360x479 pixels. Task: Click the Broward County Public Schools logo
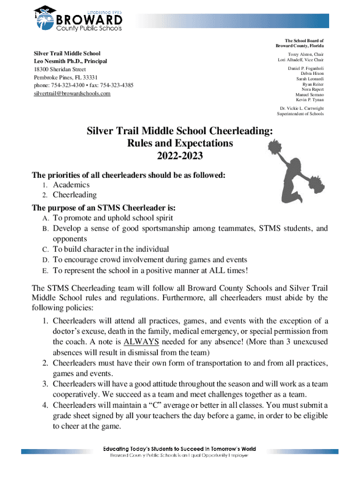(x=79, y=19)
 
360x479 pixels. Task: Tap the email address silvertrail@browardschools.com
(x=72, y=94)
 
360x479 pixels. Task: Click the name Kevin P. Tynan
(x=310, y=100)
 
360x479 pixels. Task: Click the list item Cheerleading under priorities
(x=75, y=195)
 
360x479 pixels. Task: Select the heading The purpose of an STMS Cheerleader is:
(x=106, y=207)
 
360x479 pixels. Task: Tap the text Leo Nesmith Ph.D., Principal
(x=70, y=61)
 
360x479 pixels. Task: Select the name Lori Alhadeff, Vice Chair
(x=300, y=60)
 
